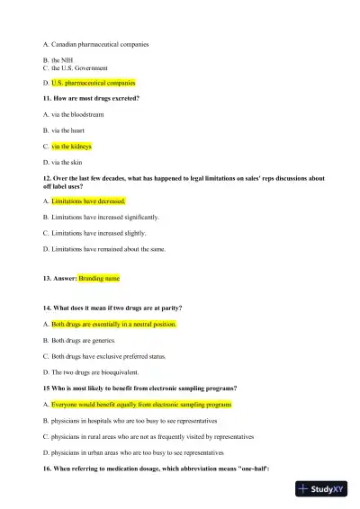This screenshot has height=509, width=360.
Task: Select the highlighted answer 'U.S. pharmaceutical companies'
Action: [x=93, y=82]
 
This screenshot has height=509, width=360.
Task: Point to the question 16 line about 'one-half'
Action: [x=143, y=470]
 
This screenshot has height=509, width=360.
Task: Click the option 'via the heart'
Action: [x=68, y=130]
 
